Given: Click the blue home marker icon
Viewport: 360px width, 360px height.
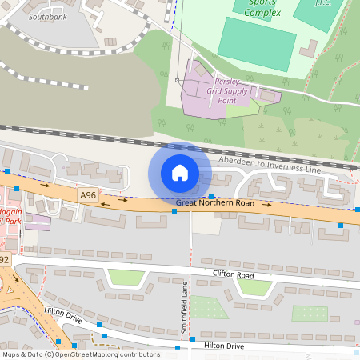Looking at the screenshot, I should coord(179,173).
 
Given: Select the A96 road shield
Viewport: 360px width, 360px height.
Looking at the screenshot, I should coord(87,194).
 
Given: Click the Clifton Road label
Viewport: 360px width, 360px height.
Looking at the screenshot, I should coord(233,274).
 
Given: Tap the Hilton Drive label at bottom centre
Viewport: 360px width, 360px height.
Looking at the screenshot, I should coord(223,346).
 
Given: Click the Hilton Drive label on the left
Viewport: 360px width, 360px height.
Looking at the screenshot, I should coord(64,318).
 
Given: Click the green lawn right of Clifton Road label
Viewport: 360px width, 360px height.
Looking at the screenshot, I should coord(254,286).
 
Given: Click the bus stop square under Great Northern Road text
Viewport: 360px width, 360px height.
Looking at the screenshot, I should coord(174,212).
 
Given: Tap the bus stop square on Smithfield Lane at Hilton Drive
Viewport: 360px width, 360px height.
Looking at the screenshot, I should coord(192,339).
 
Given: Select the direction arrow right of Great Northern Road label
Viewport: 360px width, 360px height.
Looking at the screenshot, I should coord(266,206).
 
